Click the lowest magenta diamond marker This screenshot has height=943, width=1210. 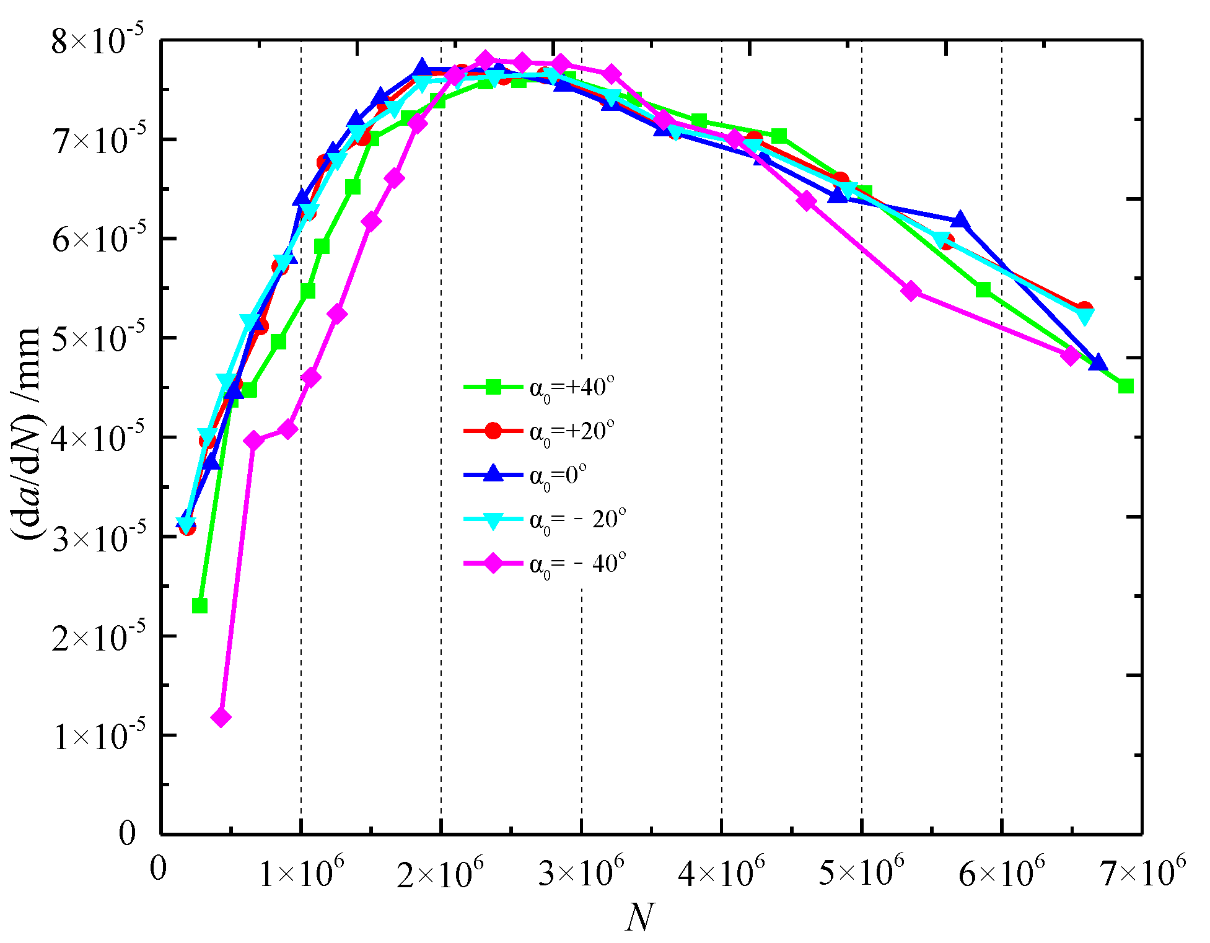(221, 717)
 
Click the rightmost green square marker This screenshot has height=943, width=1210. (1126, 387)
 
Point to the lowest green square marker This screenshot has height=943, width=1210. (199, 605)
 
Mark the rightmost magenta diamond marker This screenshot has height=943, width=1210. (1071, 356)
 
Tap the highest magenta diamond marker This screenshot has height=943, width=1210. (486, 61)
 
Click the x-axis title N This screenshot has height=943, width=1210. (639, 918)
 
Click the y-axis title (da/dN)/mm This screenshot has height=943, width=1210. (27, 434)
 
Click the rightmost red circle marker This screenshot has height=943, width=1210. (1084, 309)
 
